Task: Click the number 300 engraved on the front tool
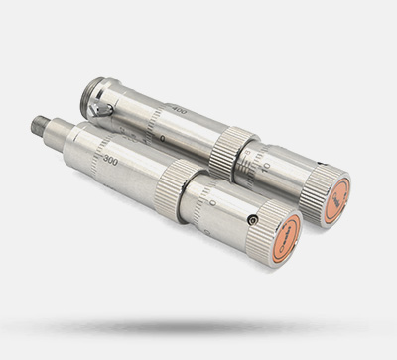109,160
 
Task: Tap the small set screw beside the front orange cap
253,219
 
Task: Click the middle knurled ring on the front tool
179,190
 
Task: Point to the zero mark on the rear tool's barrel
163,138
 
